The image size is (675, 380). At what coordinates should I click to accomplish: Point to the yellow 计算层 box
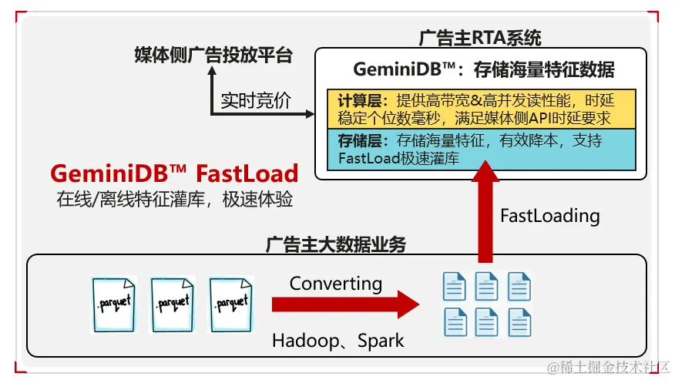481,109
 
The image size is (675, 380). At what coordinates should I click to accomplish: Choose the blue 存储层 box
481,149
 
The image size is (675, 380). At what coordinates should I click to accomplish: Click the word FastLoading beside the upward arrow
549,215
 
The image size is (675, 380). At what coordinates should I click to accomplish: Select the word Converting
336,283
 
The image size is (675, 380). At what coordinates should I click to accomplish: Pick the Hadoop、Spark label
337,340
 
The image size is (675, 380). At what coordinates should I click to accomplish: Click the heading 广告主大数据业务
336,245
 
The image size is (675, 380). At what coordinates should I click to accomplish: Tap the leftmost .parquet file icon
113,303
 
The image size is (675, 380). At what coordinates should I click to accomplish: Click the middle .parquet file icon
172,303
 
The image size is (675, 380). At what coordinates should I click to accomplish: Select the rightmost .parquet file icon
231,303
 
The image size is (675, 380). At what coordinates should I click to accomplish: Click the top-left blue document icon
454,287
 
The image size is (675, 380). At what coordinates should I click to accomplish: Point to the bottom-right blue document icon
519,321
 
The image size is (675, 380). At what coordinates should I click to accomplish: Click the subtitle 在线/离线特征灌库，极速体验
174,198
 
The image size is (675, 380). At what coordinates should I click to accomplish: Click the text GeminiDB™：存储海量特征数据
483,69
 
